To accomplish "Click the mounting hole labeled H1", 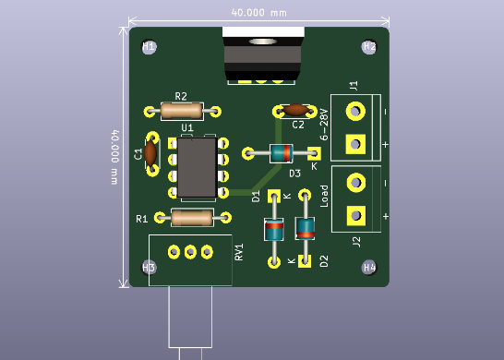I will point(149,46).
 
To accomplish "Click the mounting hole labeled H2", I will point(368,46).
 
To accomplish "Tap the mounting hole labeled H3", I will point(149,267).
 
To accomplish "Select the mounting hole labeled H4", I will point(369,267).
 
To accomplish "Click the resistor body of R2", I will point(182,111).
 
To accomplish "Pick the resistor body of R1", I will point(192,219).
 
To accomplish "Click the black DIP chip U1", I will point(197,168).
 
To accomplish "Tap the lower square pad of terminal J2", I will point(354,215).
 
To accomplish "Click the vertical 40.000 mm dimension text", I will point(114,156).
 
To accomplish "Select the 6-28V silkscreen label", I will point(324,124).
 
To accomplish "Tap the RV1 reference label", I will point(238,252).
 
